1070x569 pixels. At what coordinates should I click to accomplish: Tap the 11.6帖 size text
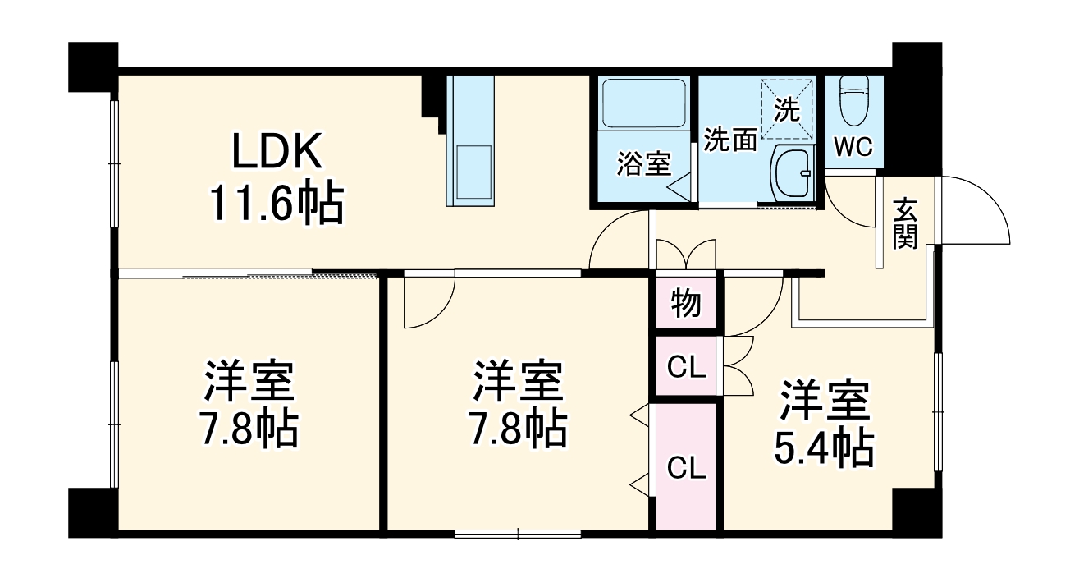pyautogui.click(x=276, y=204)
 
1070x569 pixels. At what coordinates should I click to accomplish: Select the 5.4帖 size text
pyautogui.click(x=823, y=448)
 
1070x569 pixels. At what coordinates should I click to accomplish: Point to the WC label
pyautogui.click(x=853, y=147)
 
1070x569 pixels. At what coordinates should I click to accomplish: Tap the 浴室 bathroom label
pyautogui.click(x=643, y=164)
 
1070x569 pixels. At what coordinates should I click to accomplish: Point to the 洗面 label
pyautogui.click(x=730, y=140)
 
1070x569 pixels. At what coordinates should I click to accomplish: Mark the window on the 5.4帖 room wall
pyautogui.click(x=938, y=411)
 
